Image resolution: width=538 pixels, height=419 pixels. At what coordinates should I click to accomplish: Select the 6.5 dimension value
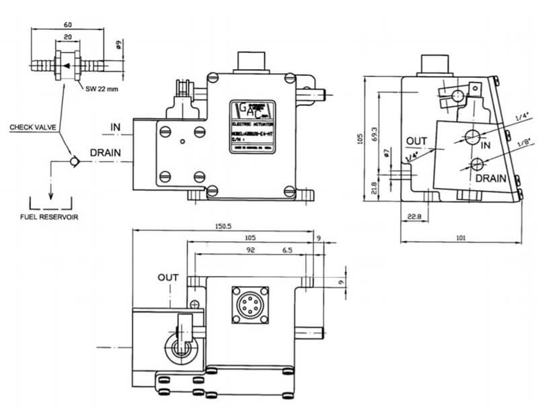(x=287, y=249)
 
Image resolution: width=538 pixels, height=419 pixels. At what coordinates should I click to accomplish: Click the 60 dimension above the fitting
(x=68, y=25)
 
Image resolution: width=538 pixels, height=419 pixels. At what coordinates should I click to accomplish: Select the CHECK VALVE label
(x=33, y=126)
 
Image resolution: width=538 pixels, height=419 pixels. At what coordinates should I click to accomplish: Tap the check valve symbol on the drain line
(x=76, y=160)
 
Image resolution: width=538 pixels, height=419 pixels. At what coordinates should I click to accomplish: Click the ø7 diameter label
(x=387, y=155)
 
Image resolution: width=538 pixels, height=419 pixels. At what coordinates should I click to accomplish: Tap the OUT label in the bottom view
(x=168, y=277)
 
